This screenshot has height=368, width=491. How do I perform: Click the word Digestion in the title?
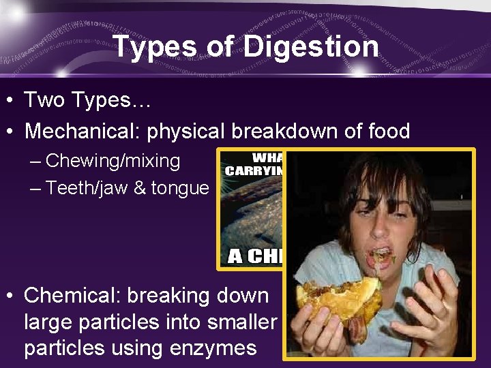coord(310,47)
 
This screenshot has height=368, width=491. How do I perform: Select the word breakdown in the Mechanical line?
coord(291,130)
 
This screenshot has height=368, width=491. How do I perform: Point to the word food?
coord(384,130)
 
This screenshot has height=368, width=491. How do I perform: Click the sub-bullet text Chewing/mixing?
coord(113,162)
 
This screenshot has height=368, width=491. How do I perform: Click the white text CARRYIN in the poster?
coord(254,170)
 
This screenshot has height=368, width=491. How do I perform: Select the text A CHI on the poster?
coord(256,256)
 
